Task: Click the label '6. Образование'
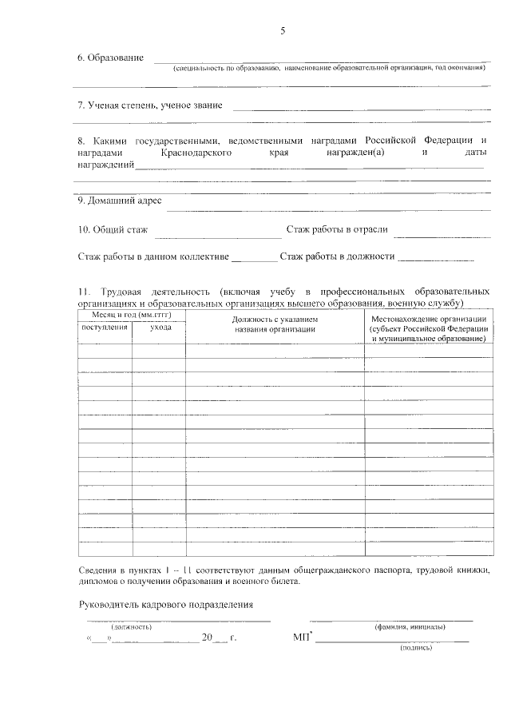point(110,58)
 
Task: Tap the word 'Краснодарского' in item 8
point(196,152)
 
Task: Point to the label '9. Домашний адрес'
point(120,201)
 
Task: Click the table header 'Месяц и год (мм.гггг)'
point(132,317)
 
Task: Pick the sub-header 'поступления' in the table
point(104,328)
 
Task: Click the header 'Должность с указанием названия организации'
point(275,324)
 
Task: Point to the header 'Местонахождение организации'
point(429,318)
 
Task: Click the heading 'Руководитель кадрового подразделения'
point(166,604)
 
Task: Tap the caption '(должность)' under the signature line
point(131,627)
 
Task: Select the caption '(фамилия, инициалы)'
point(410,627)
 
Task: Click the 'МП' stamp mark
point(302,638)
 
